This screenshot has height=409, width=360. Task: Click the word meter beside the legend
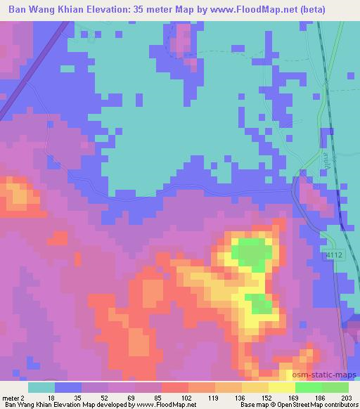coord(10,397)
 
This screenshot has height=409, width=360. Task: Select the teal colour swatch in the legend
coord(41,387)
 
